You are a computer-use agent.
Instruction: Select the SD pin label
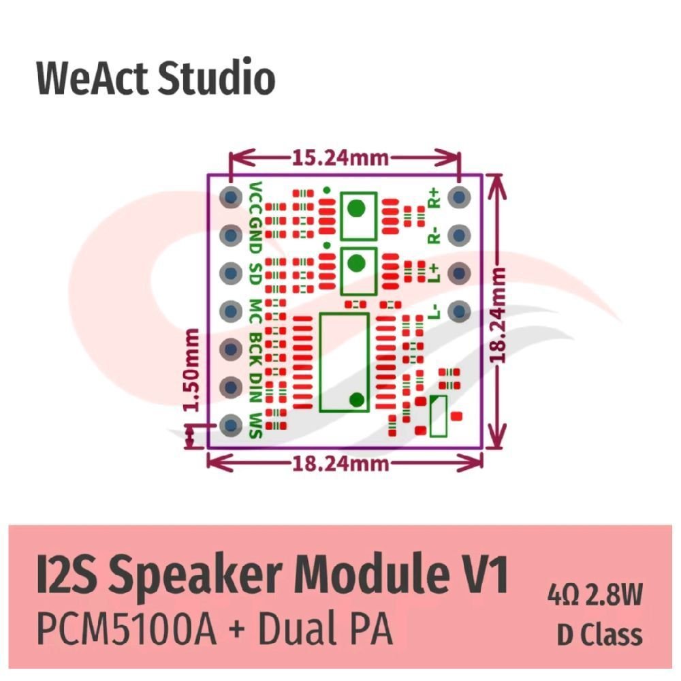click(x=256, y=274)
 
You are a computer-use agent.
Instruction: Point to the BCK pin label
click(x=256, y=349)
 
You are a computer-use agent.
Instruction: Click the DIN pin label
click(x=256, y=387)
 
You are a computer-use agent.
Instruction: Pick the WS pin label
click(x=256, y=425)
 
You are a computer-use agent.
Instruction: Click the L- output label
click(x=434, y=311)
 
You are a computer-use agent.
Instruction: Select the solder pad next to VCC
click(x=231, y=197)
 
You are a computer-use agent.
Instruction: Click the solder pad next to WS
click(x=231, y=425)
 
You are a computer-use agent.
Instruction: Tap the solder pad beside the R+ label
click(x=459, y=197)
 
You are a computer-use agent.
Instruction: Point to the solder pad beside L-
click(x=459, y=311)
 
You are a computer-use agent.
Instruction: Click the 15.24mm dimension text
click(x=340, y=158)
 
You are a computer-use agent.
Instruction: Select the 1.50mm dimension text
click(x=191, y=370)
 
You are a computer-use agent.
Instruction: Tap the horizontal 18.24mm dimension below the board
click(x=340, y=464)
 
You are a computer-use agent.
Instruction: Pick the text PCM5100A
click(x=127, y=629)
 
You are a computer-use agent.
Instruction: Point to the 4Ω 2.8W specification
click(x=595, y=595)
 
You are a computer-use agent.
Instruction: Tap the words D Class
click(x=600, y=635)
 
